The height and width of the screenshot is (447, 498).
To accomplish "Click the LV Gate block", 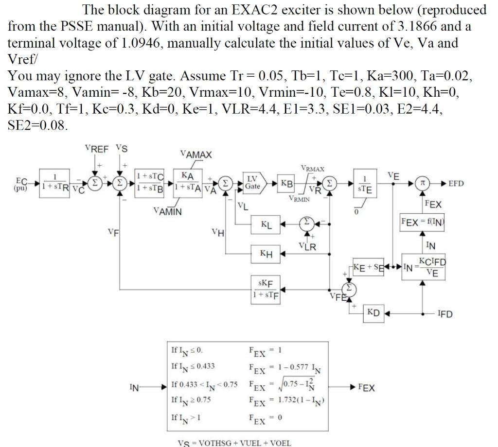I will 252,184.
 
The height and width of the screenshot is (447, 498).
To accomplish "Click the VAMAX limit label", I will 196,155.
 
